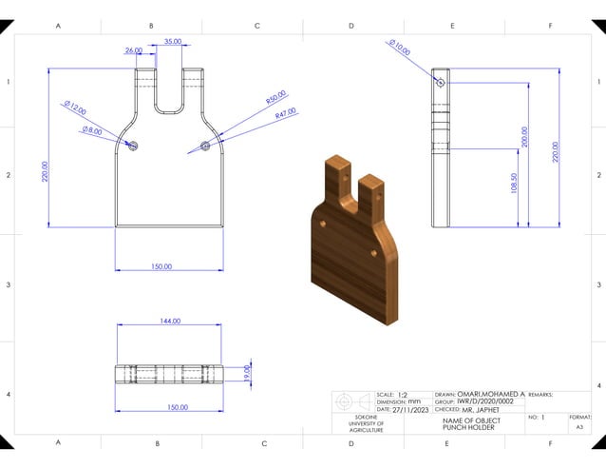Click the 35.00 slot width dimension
[173, 42]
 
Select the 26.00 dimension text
[133, 50]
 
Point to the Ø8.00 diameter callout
[92, 128]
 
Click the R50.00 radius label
[276, 98]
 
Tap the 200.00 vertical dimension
[523, 138]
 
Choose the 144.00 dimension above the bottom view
[170, 322]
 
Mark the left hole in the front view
[132, 146]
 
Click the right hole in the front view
[206, 146]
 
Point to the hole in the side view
[441, 83]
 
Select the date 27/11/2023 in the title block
[411, 410]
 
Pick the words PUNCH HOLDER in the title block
[468, 429]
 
